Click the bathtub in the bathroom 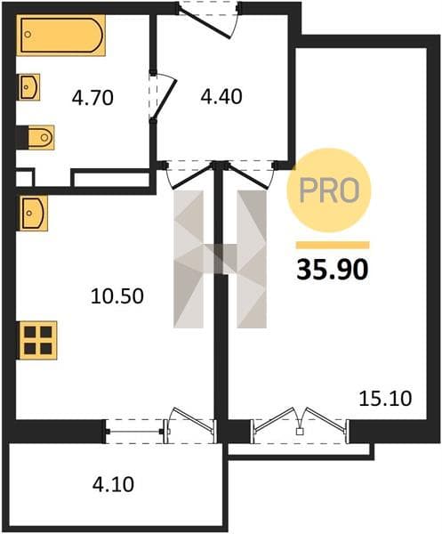60,35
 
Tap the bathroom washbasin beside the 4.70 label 28,87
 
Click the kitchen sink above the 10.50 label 32,214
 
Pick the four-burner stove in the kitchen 37,340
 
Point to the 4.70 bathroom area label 92,98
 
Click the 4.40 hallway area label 221,96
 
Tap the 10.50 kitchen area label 117,296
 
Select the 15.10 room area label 385,398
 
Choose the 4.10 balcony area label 113,484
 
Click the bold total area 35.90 333,269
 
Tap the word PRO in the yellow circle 329,190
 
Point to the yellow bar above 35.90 333,246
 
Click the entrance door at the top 208,20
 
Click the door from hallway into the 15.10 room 250,174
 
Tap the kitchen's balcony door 191,424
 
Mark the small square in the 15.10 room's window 300,432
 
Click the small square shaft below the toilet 25,177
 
